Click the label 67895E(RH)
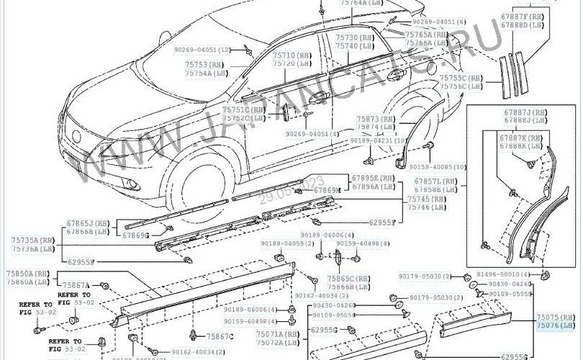click(374, 178)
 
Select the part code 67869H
click(327, 190)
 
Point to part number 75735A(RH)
click(32, 240)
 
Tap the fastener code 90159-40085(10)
click(438, 167)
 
